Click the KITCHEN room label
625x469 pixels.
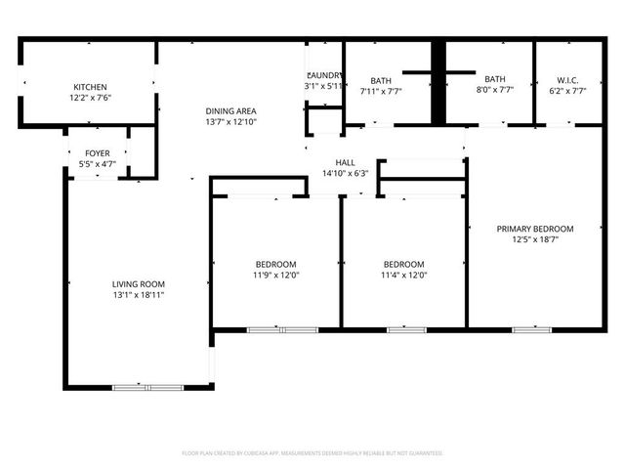click(x=90, y=87)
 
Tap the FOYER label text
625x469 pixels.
click(x=97, y=153)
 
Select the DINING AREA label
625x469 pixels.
click(x=230, y=111)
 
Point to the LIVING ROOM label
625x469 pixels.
click(x=138, y=283)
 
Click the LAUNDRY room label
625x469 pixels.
click(x=324, y=76)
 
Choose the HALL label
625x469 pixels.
click(x=346, y=162)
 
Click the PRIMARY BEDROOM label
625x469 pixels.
click(x=534, y=229)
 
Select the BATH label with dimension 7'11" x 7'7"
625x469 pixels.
click(x=381, y=80)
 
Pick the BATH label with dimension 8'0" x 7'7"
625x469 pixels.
click(x=495, y=79)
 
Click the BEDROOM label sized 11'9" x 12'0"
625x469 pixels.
click(x=276, y=264)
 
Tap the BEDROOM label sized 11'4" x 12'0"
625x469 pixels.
click(x=403, y=264)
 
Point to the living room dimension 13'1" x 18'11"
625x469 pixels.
click(x=138, y=294)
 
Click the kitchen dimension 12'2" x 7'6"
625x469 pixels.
click(x=90, y=98)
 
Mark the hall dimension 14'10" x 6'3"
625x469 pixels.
click(x=346, y=173)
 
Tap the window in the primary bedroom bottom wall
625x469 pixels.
click(x=532, y=329)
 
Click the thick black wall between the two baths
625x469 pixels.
click(x=439, y=83)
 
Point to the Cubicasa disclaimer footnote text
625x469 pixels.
click(x=312, y=453)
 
